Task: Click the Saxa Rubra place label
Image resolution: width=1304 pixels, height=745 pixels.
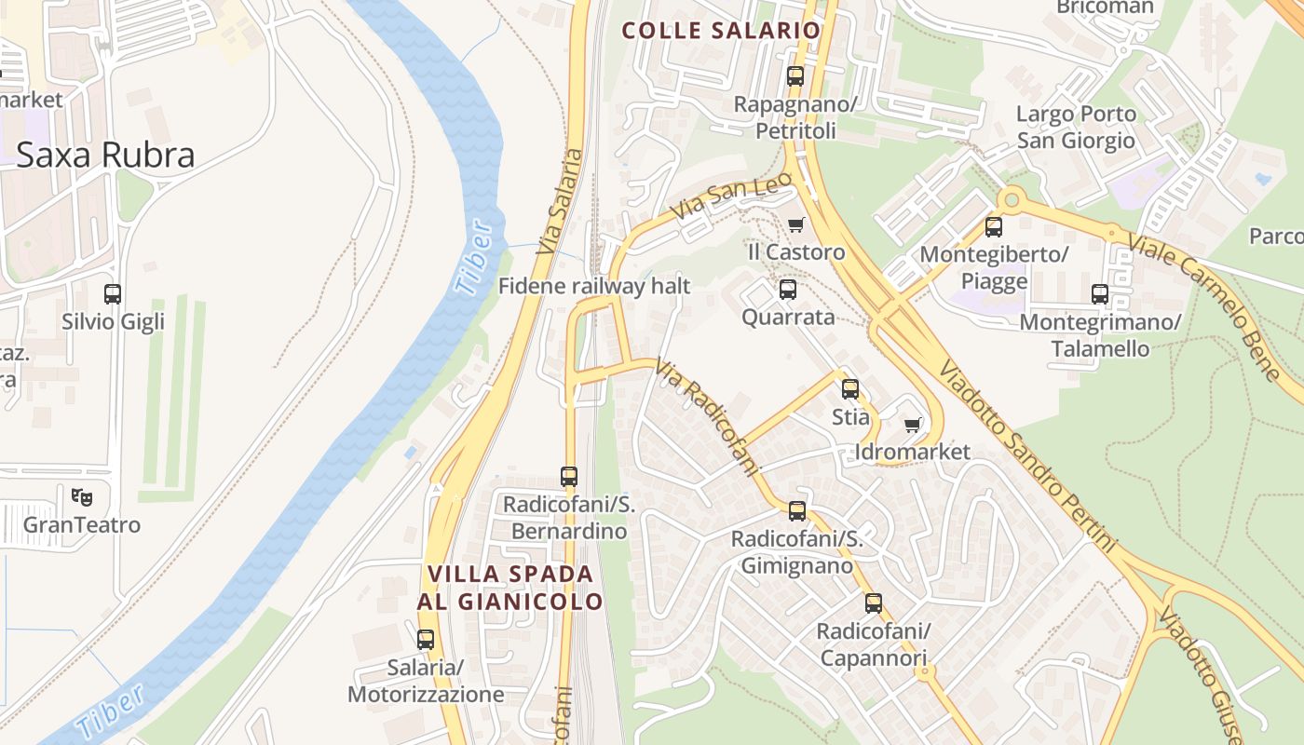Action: click(105, 155)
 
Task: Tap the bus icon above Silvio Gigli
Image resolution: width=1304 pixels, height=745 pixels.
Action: click(113, 294)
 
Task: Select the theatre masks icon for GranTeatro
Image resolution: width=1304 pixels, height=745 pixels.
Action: click(82, 497)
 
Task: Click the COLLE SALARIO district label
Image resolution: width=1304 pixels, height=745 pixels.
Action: click(721, 30)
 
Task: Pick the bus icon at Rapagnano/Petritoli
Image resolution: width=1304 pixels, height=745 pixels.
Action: click(795, 76)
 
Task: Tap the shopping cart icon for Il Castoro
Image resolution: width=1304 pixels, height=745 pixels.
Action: click(795, 224)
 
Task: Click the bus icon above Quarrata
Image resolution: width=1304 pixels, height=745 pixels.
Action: click(788, 290)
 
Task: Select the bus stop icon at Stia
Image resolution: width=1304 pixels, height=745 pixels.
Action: click(850, 389)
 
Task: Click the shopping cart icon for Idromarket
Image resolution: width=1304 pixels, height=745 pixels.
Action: click(913, 426)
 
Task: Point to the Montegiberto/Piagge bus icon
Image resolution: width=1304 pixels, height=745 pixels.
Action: click(994, 226)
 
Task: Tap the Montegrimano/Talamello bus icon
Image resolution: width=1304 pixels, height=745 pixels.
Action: click(1100, 294)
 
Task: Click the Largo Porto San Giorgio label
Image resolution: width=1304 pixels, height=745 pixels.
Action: click(1076, 128)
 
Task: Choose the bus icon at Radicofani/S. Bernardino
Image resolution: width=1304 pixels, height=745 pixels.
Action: click(569, 477)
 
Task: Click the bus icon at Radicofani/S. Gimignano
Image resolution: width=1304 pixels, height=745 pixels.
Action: click(796, 511)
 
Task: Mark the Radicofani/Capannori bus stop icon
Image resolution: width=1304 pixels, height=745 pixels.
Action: click(873, 603)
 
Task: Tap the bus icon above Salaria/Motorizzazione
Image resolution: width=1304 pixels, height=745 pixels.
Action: click(426, 640)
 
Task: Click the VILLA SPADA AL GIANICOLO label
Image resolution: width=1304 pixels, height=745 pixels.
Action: click(510, 588)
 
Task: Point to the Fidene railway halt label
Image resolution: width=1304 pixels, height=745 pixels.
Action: click(594, 286)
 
